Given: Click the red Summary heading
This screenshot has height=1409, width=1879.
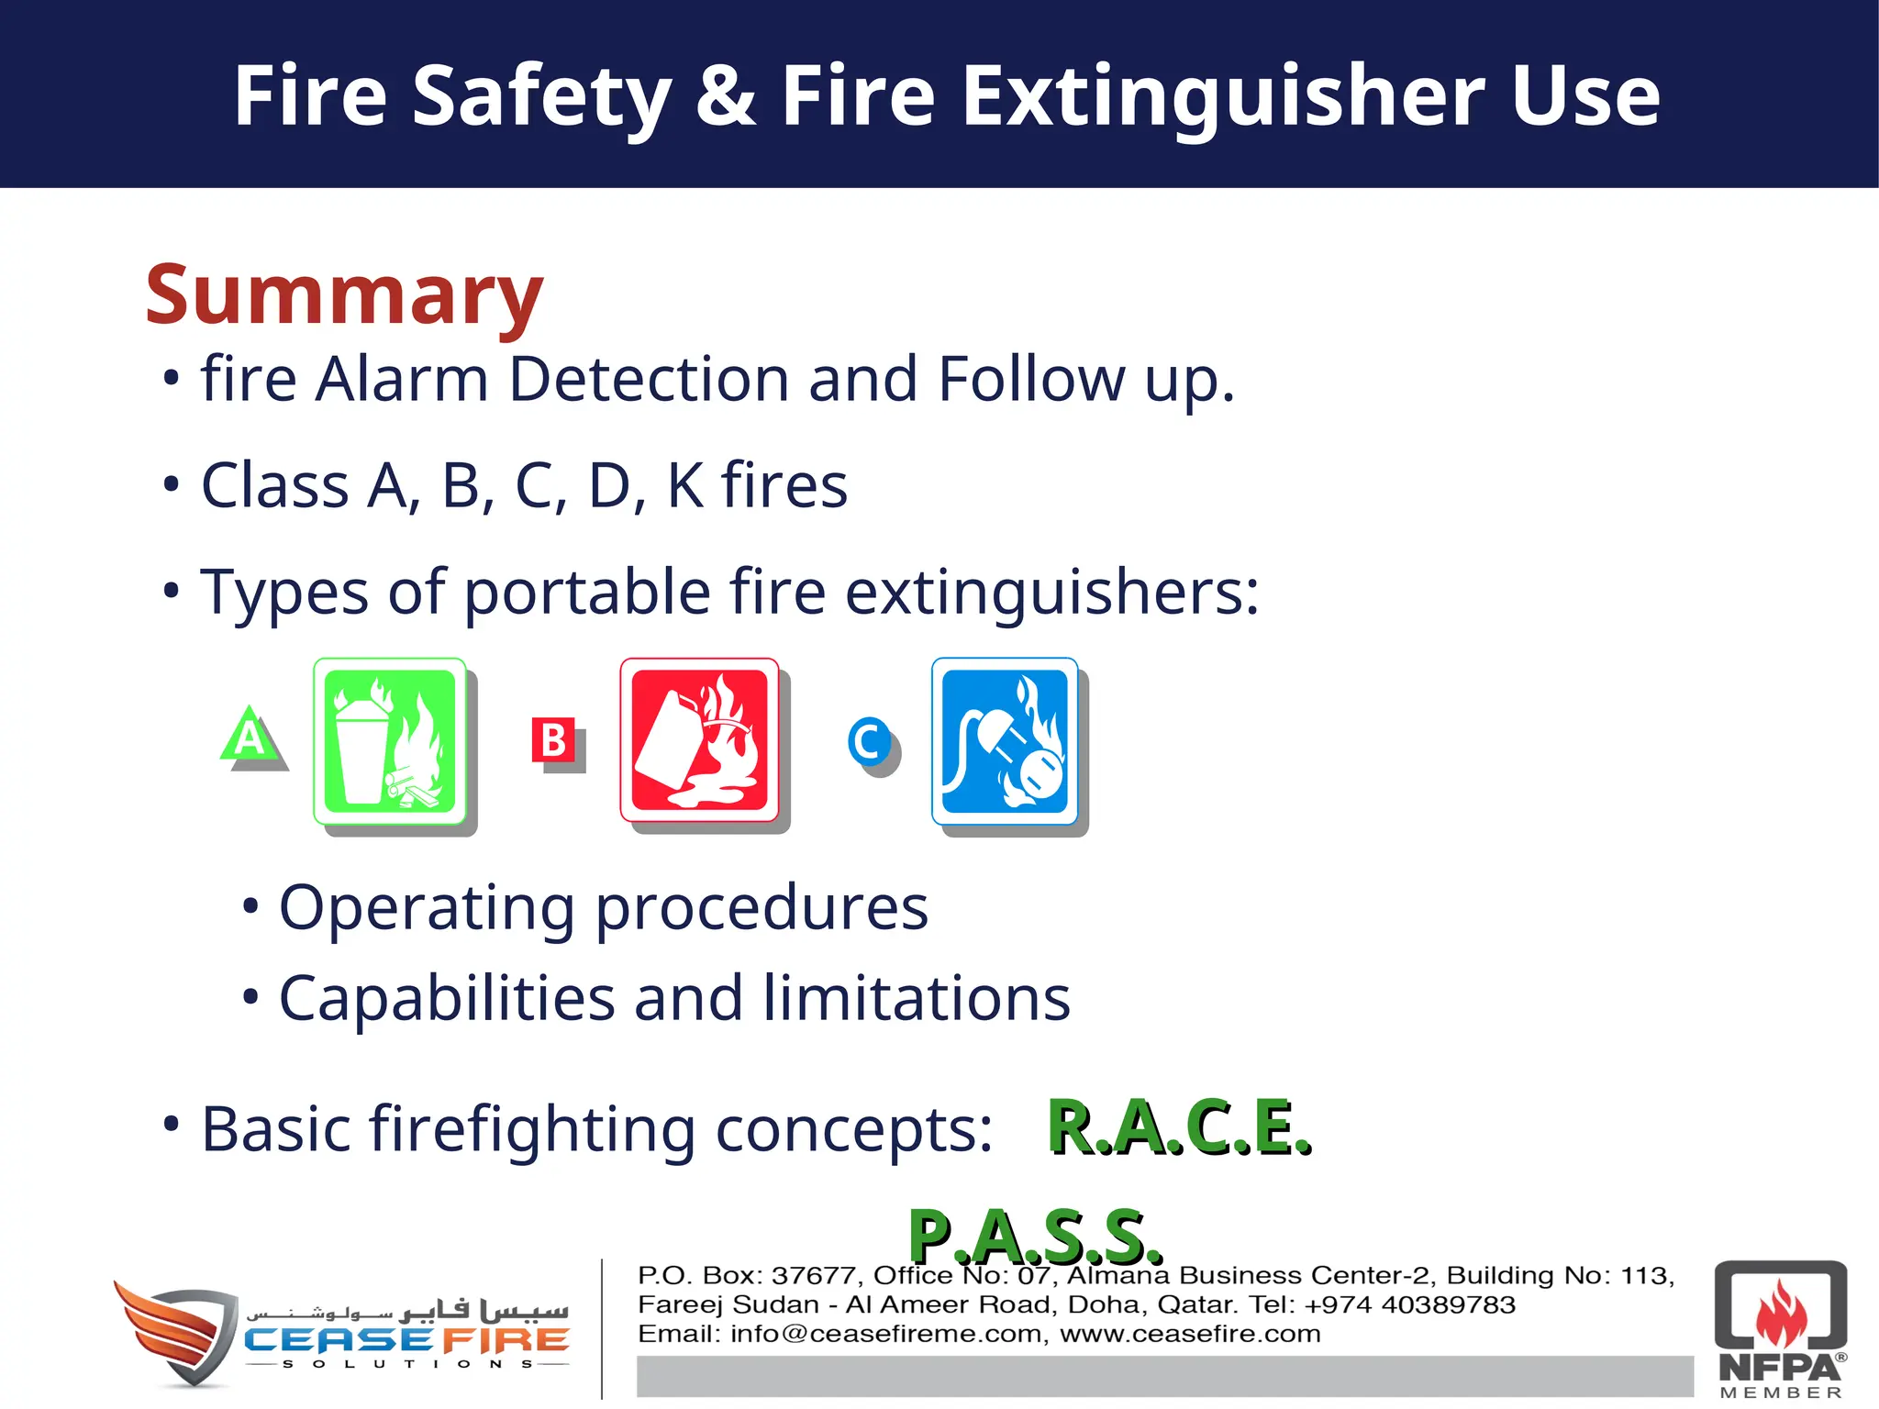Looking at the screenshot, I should [344, 295].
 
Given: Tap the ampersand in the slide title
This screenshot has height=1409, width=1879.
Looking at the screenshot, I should [726, 95].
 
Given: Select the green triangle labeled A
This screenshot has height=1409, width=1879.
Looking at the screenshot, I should [250, 737].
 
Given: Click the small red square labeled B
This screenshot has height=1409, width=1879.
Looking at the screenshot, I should [553, 740].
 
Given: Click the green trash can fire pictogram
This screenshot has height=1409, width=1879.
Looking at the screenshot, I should [390, 741].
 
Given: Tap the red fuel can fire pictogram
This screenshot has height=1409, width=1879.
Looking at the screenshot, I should [699, 740].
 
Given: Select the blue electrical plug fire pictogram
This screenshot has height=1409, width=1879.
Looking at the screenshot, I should [1005, 741].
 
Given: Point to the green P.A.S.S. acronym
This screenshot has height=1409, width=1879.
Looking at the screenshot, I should [1034, 1237].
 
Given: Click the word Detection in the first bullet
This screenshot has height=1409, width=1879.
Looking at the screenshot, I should [648, 379].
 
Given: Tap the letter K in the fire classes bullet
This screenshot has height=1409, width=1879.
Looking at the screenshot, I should [684, 485].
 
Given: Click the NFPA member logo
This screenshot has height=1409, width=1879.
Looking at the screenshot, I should [1780, 1328].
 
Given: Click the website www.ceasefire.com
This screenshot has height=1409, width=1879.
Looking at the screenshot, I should [1190, 1334].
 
